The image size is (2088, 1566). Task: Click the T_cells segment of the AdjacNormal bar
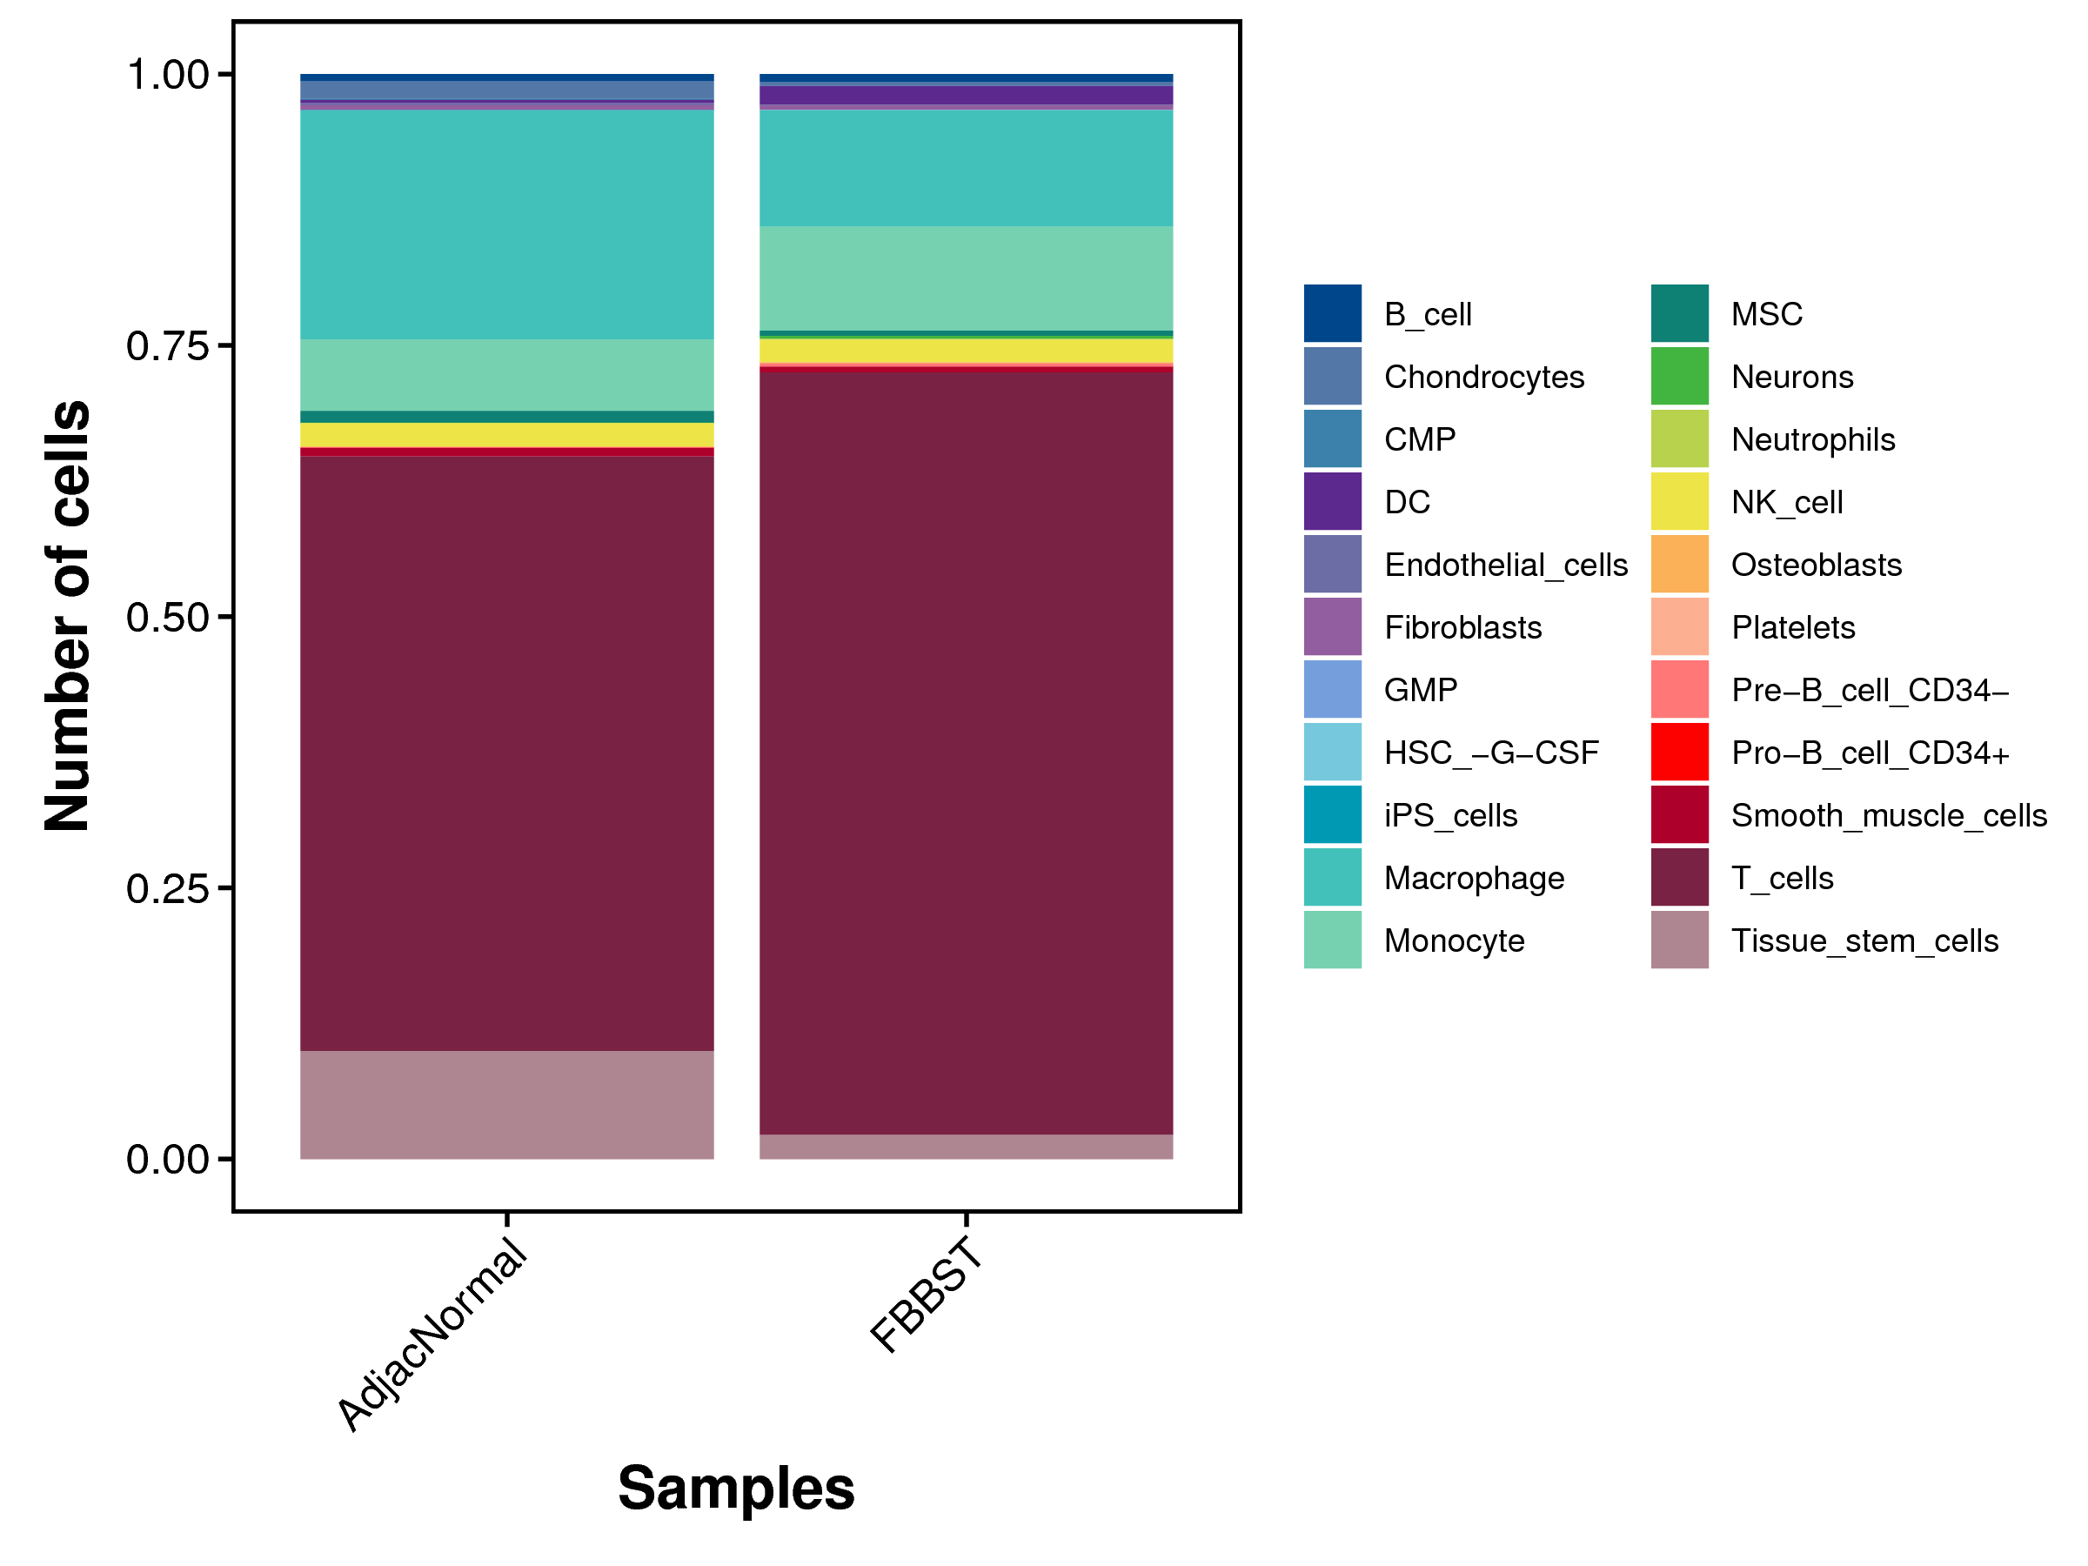click(x=507, y=753)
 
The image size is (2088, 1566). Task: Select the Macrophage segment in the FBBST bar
click(x=966, y=168)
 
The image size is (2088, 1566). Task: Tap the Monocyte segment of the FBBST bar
click(x=966, y=278)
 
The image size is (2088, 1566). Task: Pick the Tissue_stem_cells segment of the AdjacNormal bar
click(x=507, y=1104)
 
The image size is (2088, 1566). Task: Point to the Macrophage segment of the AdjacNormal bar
click(x=507, y=224)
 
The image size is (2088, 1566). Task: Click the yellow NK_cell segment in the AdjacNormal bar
click(x=507, y=434)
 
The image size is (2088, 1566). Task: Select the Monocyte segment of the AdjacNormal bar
click(x=507, y=375)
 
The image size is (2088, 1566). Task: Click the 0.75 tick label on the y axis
click(x=167, y=346)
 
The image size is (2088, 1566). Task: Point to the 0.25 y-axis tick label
click(x=167, y=888)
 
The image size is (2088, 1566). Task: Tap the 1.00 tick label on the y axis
click(x=167, y=76)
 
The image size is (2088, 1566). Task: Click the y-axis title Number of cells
click(x=68, y=615)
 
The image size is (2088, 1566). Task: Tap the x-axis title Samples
click(x=736, y=1489)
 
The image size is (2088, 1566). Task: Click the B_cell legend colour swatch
click(x=1333, y=313)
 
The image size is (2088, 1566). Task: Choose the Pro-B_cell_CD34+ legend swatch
click(x=1679, y=753)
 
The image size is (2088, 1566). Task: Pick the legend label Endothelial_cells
click(x=1506, y=565)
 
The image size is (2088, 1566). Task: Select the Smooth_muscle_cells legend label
click(x=1889, y=815)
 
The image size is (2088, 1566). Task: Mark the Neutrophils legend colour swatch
click(x=1679, y=439)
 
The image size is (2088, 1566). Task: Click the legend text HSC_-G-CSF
click(x=1491, y=753)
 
